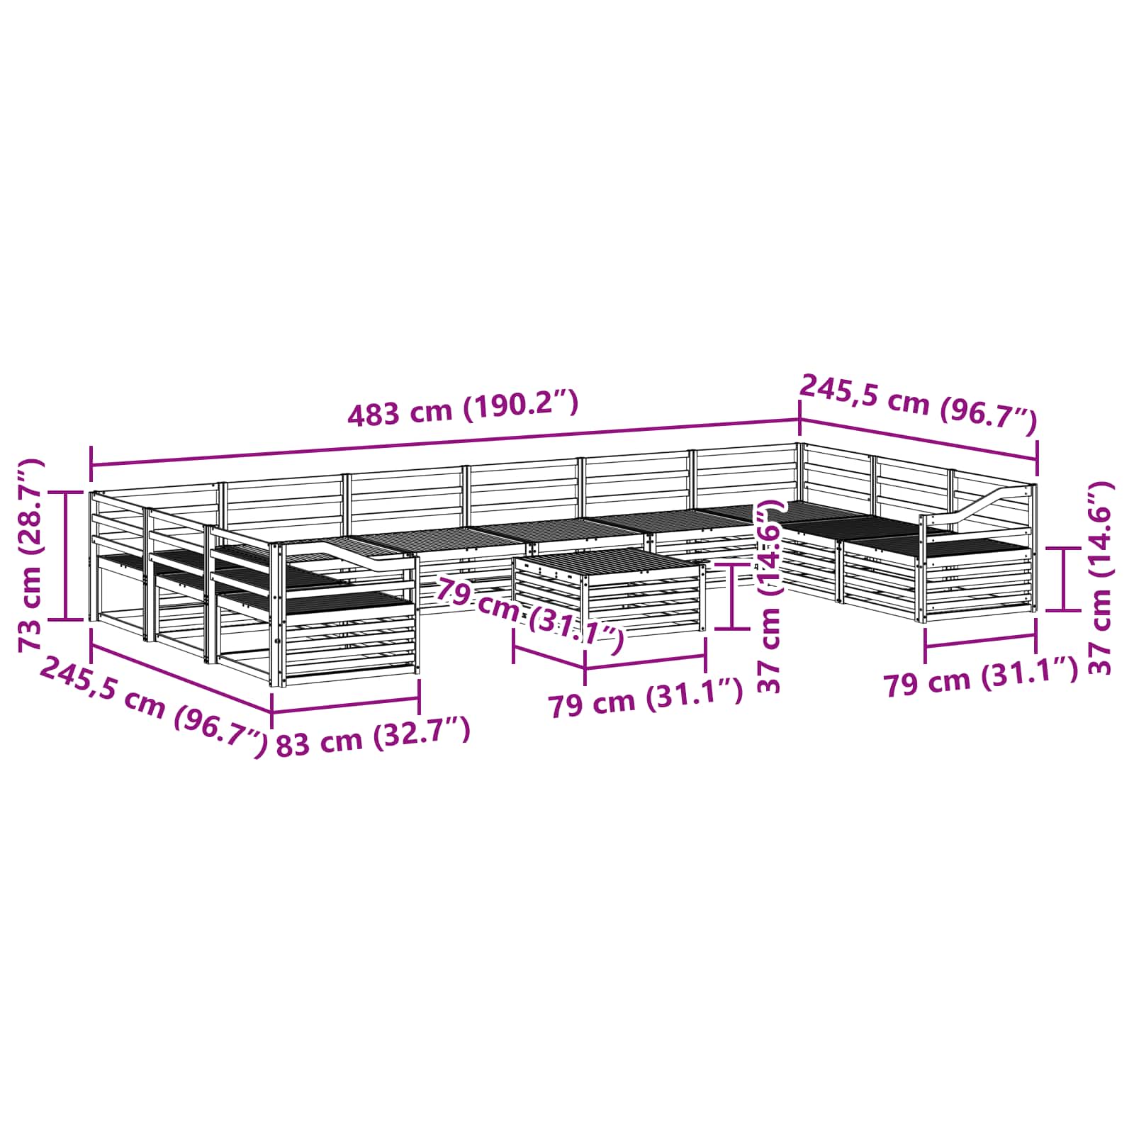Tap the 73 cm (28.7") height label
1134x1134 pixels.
pos(30,554)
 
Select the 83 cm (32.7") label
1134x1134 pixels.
pos(373,737)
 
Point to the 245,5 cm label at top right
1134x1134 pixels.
pos(919,404)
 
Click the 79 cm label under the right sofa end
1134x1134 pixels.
pos(980,678)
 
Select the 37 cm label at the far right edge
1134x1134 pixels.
pos(1099,578)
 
